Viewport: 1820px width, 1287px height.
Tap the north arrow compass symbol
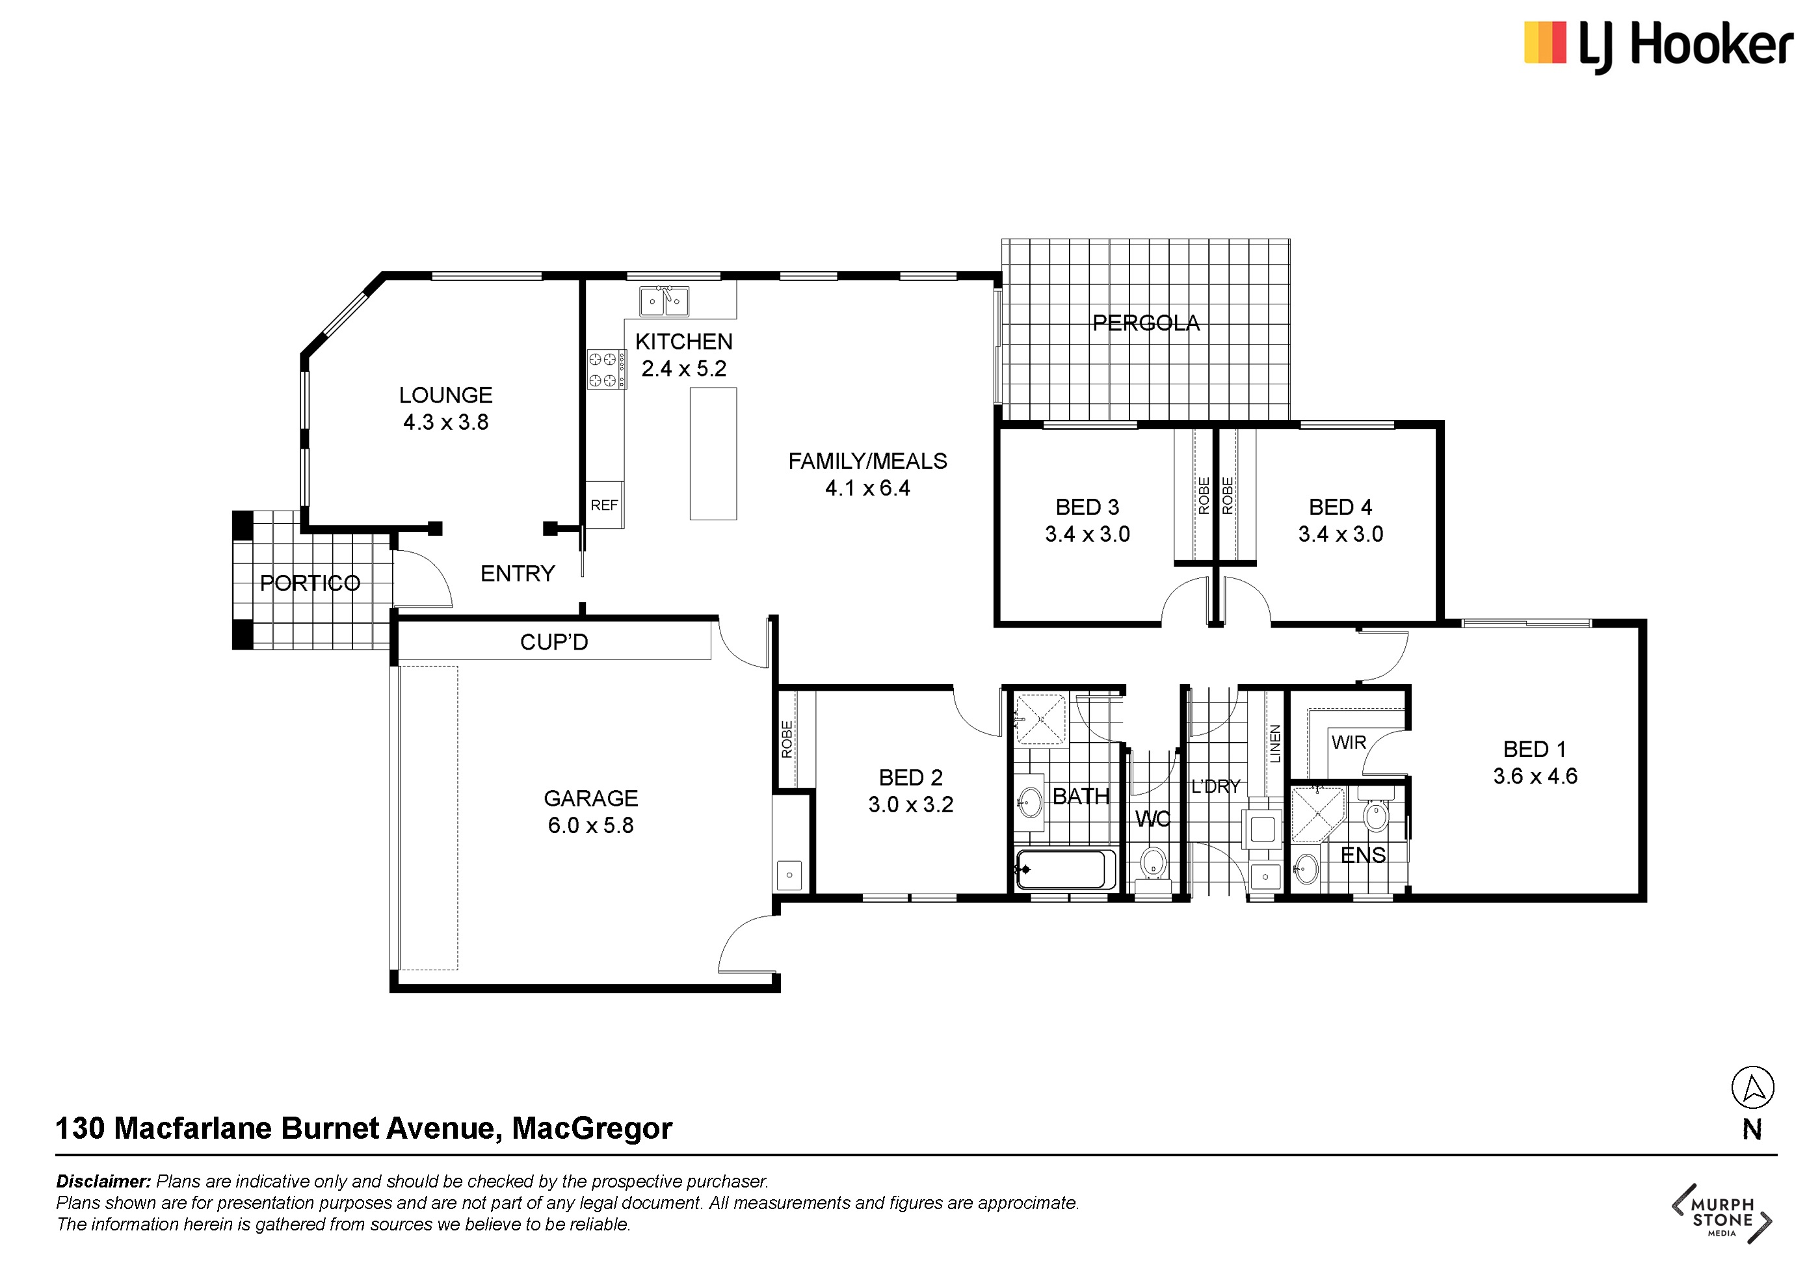1752,1087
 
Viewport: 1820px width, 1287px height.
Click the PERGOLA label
1146,323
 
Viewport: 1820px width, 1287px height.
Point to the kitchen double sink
665,301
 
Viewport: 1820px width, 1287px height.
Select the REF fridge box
604,505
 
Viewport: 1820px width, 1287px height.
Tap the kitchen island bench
713,453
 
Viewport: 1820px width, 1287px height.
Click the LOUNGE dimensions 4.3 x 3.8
445,422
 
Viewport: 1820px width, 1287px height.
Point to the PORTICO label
310,583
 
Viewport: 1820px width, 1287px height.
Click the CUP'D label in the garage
554,641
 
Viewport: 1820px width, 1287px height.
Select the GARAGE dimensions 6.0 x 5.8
590,825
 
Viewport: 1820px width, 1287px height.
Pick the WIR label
1349,742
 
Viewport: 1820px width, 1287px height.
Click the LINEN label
1274,743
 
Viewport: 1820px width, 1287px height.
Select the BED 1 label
1535,749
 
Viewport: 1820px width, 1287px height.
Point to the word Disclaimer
103,1181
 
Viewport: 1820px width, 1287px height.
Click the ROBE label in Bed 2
786,739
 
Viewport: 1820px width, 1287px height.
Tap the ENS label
1363,855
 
